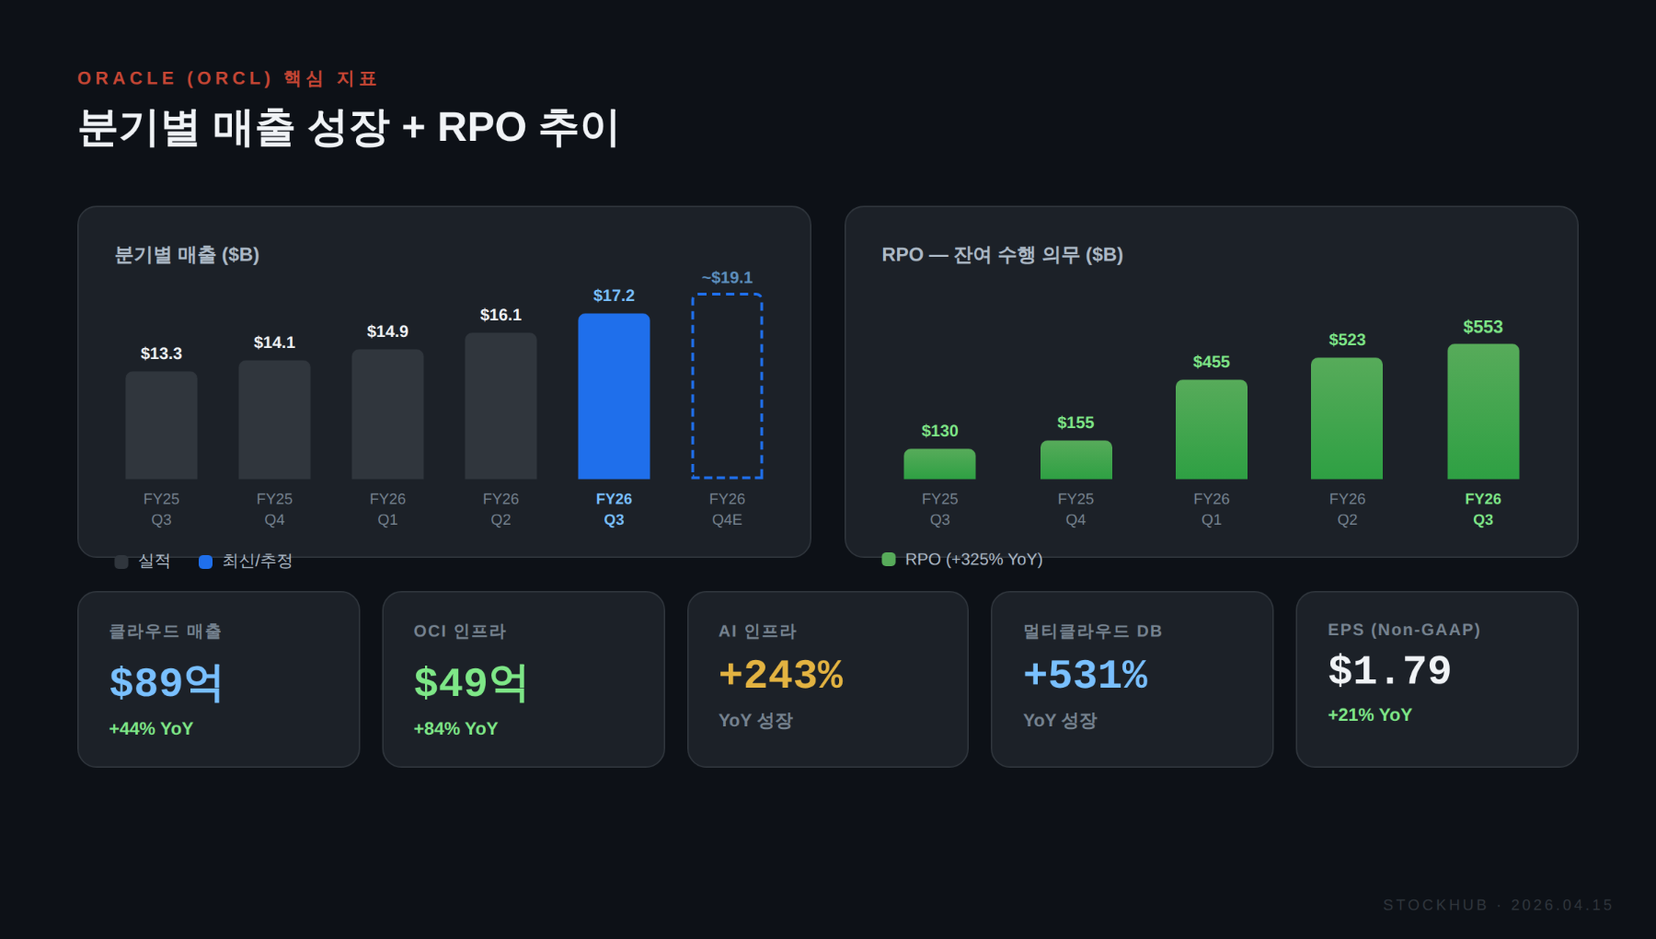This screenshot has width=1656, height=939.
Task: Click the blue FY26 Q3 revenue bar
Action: point(614,396)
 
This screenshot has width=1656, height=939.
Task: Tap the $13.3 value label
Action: point(161,354)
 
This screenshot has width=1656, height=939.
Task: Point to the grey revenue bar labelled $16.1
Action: point(500,406)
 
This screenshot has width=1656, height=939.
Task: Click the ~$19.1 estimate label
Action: point(727,277)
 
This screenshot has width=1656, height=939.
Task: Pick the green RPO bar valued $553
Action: point(1483,412)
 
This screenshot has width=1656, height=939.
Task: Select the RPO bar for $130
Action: point(939,464)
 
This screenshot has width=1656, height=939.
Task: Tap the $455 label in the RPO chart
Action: point(1212,362)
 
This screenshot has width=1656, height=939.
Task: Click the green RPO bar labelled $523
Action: point(1347,419)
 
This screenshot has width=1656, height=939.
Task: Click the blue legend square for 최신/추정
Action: point(206,562)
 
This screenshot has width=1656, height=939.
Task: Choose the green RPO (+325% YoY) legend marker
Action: point(889,559)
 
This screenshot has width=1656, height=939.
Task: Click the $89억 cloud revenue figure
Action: point(166,682)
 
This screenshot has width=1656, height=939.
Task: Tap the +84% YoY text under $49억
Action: point(455,728)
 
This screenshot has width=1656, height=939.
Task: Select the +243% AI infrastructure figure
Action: point(781,675)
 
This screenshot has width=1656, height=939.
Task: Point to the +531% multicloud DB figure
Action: point(1086,675)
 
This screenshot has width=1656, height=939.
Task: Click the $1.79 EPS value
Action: point(1389,670)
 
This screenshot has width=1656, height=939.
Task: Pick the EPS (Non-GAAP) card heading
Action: point(1404,630)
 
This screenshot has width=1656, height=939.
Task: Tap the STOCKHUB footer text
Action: point(1435,905)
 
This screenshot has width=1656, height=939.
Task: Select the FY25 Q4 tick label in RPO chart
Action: point(1075,509)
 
